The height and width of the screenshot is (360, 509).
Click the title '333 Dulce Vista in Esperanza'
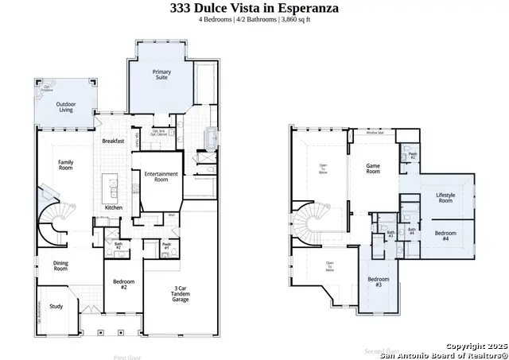pos(254,9)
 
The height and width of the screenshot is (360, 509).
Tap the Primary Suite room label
pos(161,75)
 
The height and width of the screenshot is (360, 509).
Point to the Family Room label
pos(65,165)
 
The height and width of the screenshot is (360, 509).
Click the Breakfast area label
pos(113,141)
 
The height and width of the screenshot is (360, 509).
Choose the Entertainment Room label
pos(161,177)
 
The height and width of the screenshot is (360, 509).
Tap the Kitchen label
pos(114,208)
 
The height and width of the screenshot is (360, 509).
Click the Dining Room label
pos(60,266)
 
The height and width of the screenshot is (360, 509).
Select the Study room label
pos(56,306)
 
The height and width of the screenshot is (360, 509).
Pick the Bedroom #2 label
pos(123,284)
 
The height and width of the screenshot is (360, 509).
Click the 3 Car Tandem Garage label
pos(181,293)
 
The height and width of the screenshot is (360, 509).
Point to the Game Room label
pos(372,168)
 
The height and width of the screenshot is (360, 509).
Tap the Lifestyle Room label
pos(445,198)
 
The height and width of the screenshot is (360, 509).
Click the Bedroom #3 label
pos(378,282)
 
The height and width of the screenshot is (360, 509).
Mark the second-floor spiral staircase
pos(309,224)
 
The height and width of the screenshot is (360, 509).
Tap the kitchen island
pos(113,188)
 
